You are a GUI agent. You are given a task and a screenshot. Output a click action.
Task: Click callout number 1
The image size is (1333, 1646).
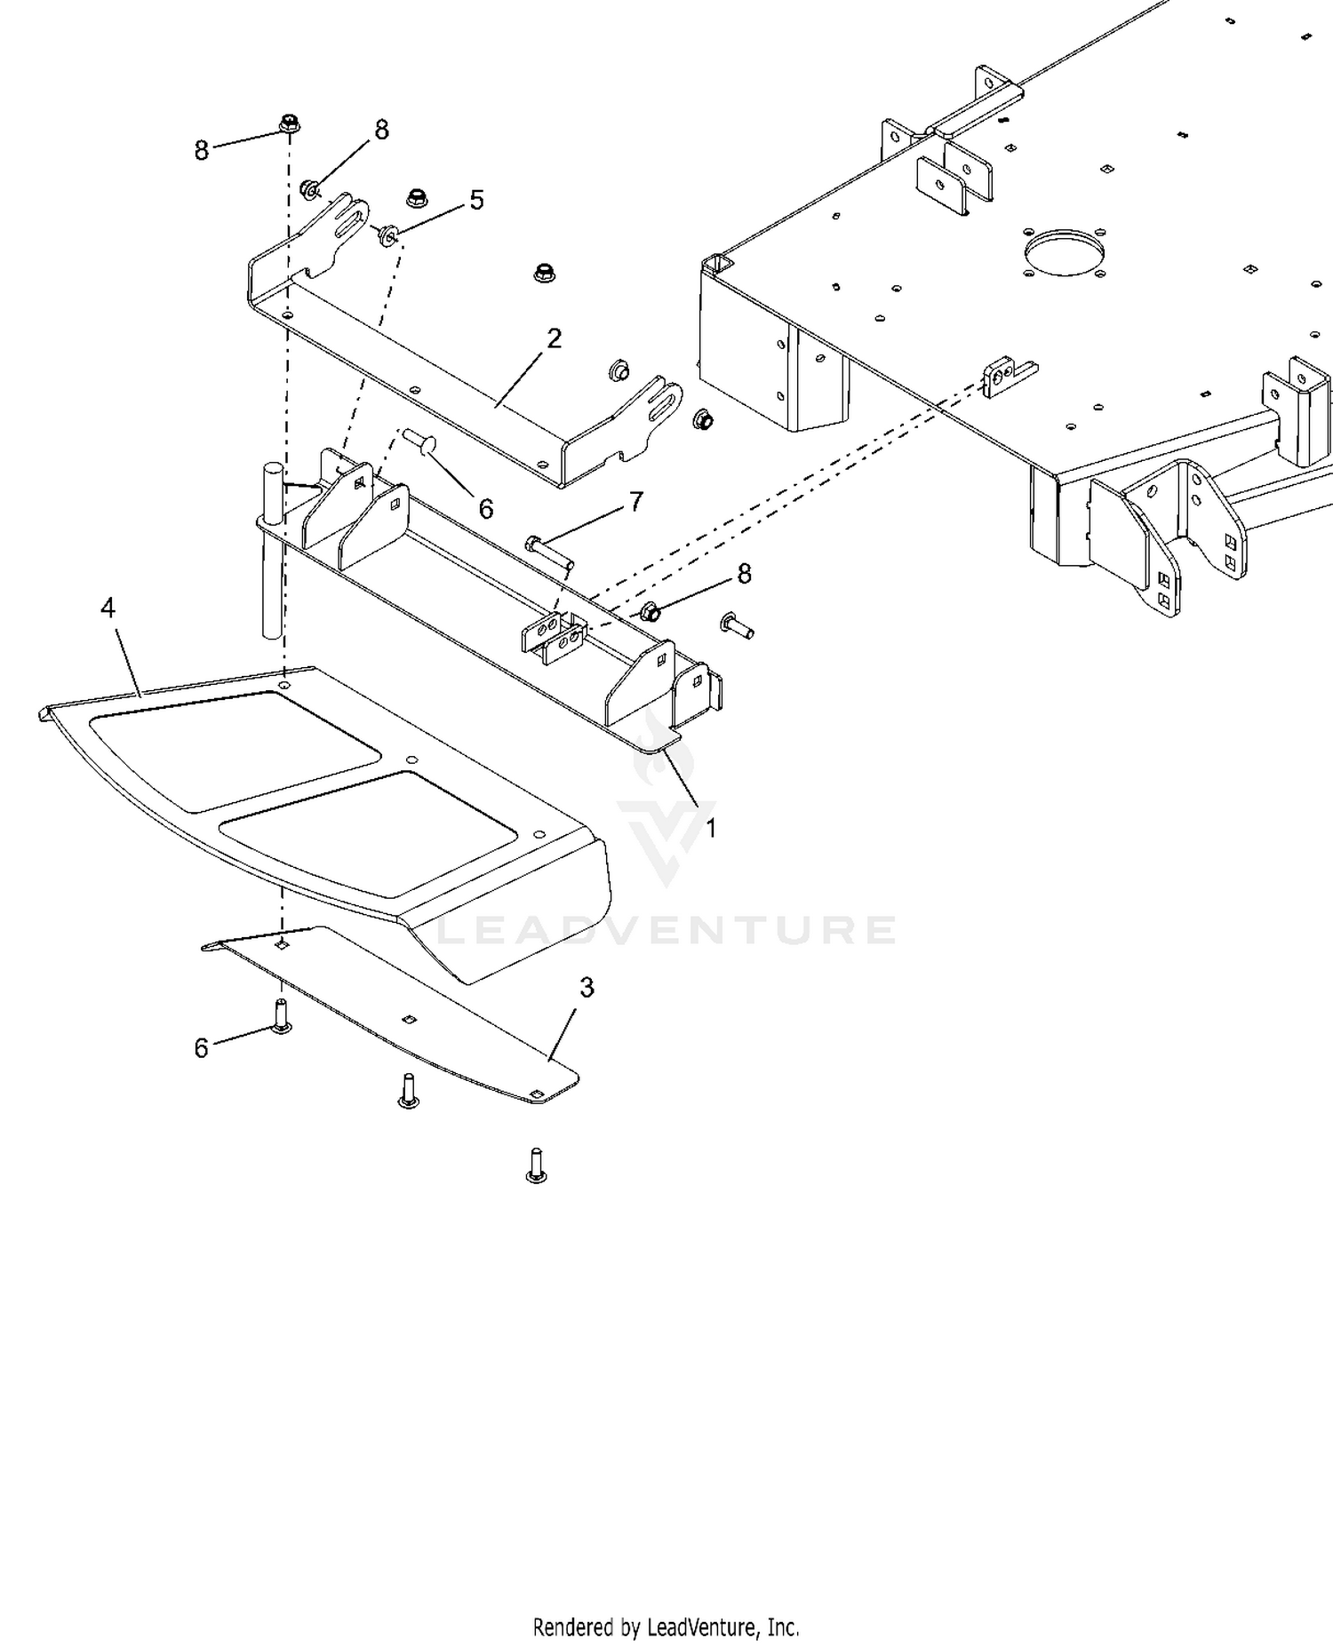point(711,828)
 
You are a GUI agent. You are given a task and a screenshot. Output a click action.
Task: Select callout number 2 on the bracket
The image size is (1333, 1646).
point(555,338)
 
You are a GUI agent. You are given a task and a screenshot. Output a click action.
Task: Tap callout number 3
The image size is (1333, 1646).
point(587,987)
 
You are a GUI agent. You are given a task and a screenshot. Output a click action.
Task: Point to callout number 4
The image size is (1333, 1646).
point(108,608)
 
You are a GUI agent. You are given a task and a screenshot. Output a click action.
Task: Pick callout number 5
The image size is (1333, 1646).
point(477,200)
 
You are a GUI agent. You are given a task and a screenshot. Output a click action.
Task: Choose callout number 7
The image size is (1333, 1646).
point(636,503)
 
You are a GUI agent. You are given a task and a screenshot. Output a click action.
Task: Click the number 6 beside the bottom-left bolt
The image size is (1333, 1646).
point(201,1048)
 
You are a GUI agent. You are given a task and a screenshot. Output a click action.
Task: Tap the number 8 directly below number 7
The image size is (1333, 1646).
point(744,575)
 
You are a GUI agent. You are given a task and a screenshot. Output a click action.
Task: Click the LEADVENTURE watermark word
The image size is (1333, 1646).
point(668,930)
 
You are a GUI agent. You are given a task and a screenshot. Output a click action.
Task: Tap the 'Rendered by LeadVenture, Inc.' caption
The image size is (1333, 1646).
point(666,1627)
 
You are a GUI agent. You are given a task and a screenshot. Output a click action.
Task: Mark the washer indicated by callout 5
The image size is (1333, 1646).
point(387,236)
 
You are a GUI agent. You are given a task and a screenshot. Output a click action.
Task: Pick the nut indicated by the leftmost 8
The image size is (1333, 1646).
point(289,124)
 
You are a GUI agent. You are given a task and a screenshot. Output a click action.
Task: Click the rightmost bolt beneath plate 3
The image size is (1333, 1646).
point(537,1165)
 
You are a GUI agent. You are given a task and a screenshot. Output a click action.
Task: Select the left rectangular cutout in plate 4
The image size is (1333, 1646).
point(235,751)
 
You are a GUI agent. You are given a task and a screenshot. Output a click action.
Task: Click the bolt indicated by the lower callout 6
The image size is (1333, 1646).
point(281,1016)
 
